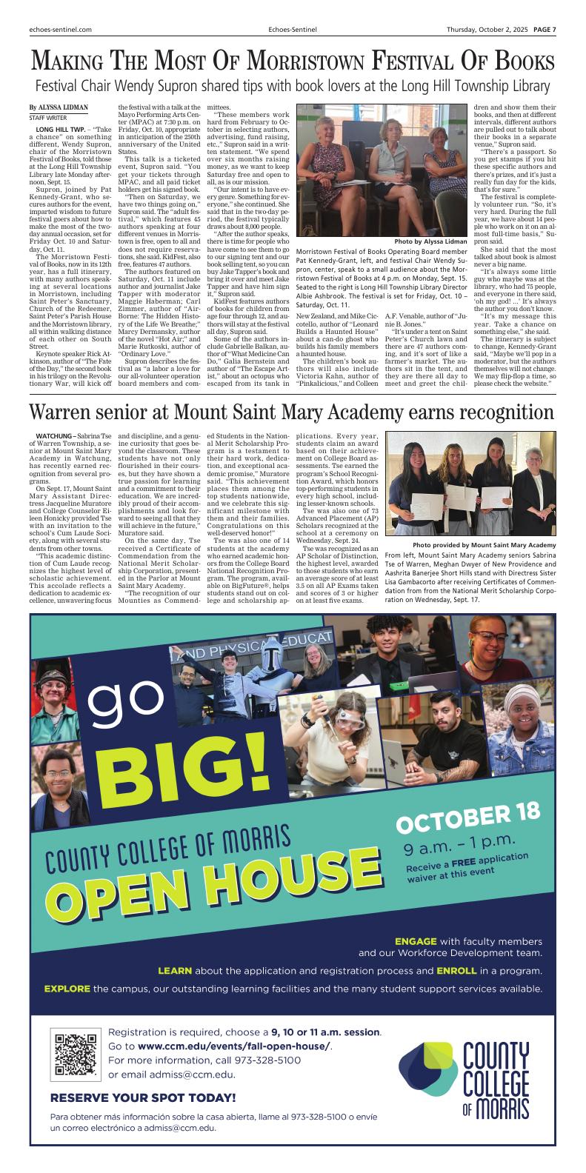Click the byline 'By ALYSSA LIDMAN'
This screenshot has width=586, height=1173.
(x=59, y=107)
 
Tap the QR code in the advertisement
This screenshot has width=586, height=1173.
(x=76, y=1053)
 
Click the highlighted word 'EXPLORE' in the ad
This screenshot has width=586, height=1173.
(x=67, y=988)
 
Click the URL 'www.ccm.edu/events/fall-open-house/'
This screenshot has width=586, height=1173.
(x=234, y=1046)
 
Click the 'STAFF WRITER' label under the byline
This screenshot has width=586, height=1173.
(x=47, y=118)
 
